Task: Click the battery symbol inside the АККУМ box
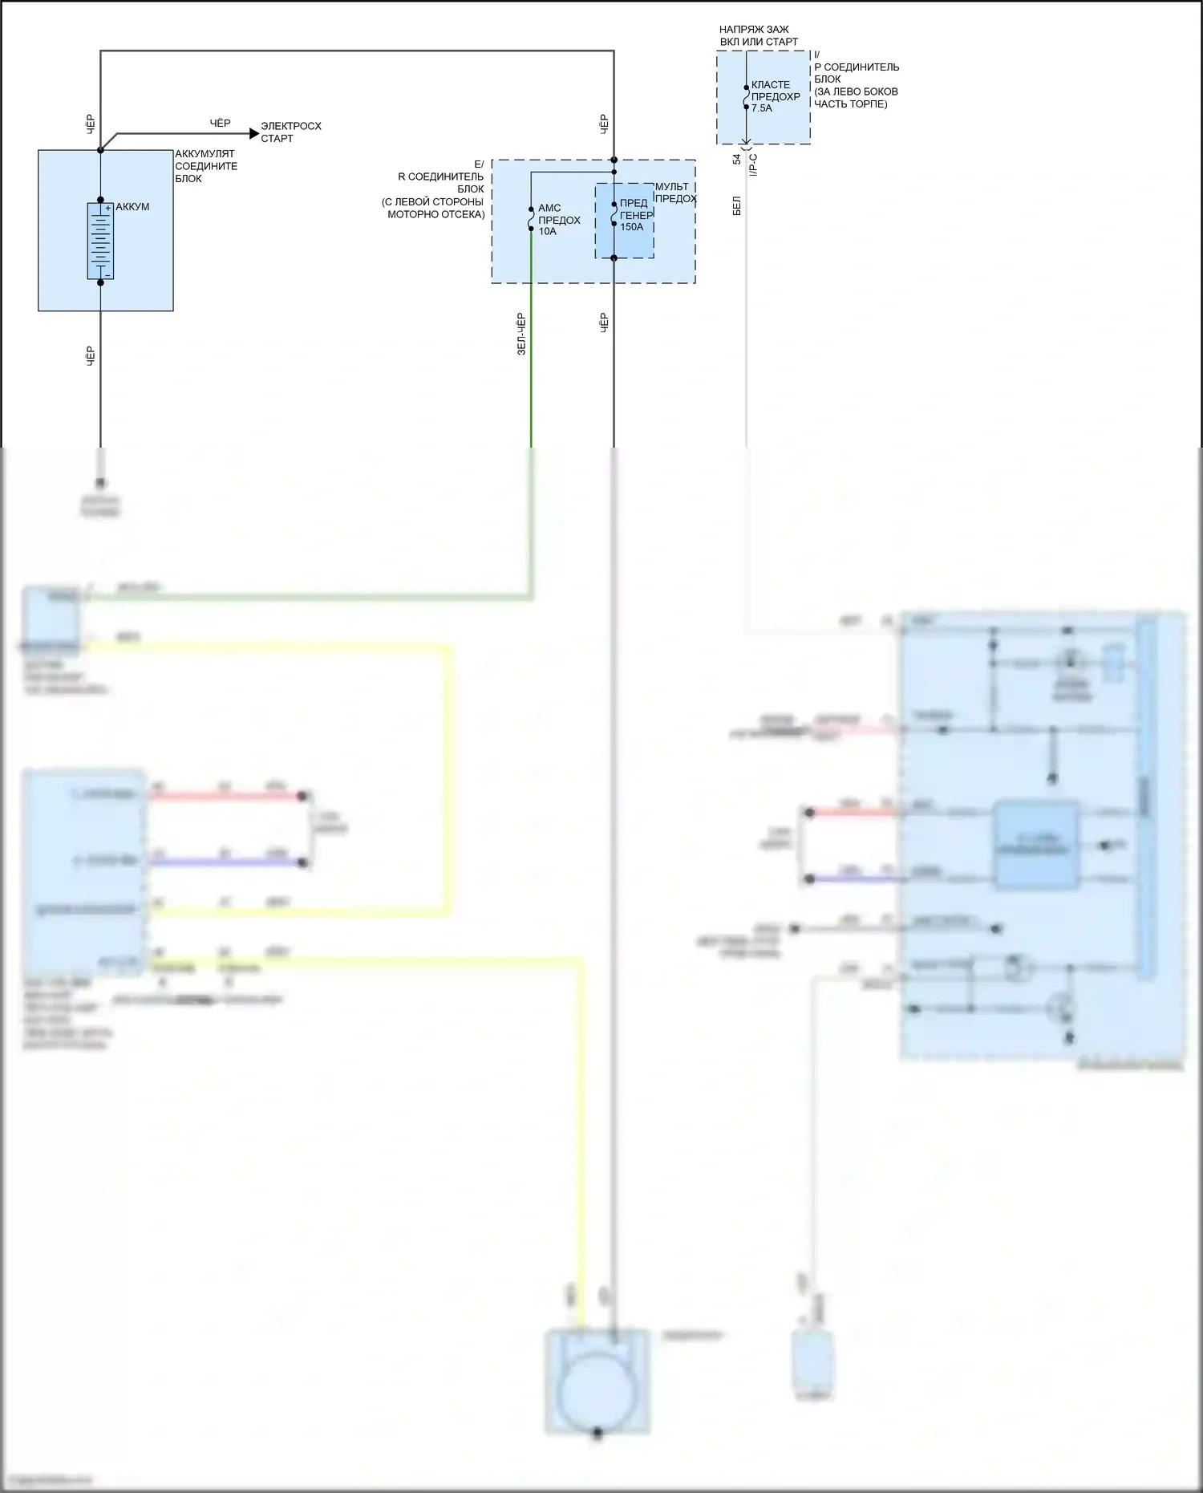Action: tap(100, 241)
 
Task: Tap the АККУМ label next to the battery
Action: tap(132, 207)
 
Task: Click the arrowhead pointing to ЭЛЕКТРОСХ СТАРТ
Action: tap(254, 133)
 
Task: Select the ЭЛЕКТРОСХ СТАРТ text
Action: tap(290, 132)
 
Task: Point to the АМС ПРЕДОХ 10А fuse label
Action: tap(558, 220)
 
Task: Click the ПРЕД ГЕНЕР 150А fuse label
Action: tap(635, 215)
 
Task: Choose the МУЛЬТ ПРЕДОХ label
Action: tap(675, 193)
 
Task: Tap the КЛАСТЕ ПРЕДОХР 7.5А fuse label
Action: tap(775, 96)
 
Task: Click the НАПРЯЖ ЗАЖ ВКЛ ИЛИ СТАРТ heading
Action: tap(758, 35)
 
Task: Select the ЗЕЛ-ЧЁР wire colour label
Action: tap(521, 334)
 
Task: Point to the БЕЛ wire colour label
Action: tap(737, 205)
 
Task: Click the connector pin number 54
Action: tap(737, 160)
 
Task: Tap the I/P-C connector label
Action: tap(753, 165)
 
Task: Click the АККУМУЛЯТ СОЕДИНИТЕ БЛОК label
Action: tap(205, 166)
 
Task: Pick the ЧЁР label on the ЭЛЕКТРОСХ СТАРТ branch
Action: tap(220, 123)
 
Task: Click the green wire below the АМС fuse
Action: tap(531, 361)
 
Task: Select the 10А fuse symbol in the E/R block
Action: tap(531, 219)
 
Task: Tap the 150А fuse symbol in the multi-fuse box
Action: tap(614, 214)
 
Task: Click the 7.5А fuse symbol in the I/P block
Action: tap(746, 97)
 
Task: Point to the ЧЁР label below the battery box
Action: tap(91, 356)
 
